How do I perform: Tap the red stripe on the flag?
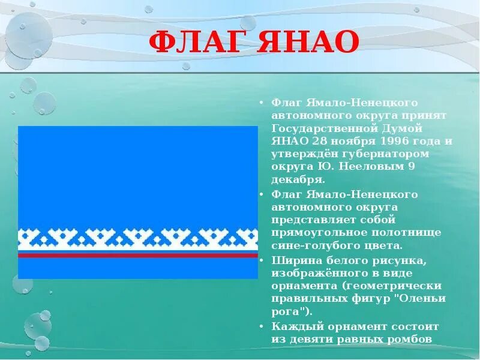(x=137, y=255)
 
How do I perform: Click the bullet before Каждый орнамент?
(x=262, y=326)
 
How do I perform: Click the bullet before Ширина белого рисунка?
(x=262, y=260)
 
